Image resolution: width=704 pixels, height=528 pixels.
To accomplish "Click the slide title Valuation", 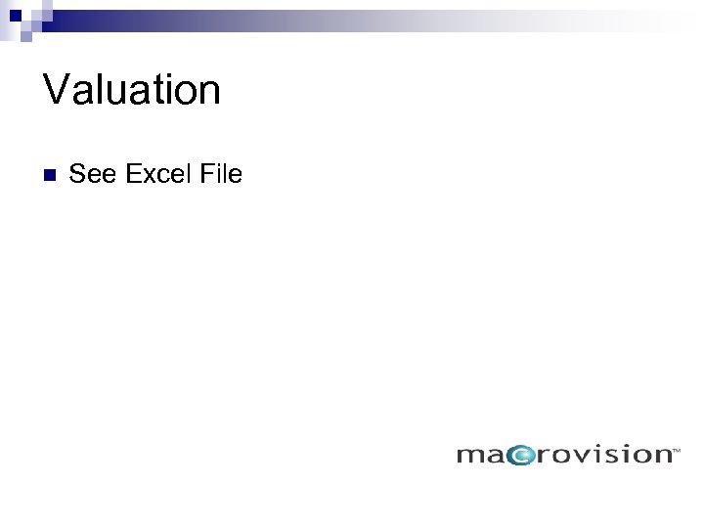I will point(132,90).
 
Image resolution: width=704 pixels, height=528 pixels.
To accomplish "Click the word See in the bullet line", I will point(92,175).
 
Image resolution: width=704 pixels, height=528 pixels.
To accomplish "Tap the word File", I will point(220,175).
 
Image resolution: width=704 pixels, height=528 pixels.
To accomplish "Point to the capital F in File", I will point(205,175).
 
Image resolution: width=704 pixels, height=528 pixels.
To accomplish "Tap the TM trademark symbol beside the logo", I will point(675,451).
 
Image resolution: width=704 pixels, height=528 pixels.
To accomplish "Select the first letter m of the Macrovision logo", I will point(470,456).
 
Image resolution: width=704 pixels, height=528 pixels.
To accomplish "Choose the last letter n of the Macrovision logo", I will point(659,456).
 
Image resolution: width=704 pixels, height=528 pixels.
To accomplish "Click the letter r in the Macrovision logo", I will point(543,456).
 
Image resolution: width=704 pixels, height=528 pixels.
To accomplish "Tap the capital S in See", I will point(78,175).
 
